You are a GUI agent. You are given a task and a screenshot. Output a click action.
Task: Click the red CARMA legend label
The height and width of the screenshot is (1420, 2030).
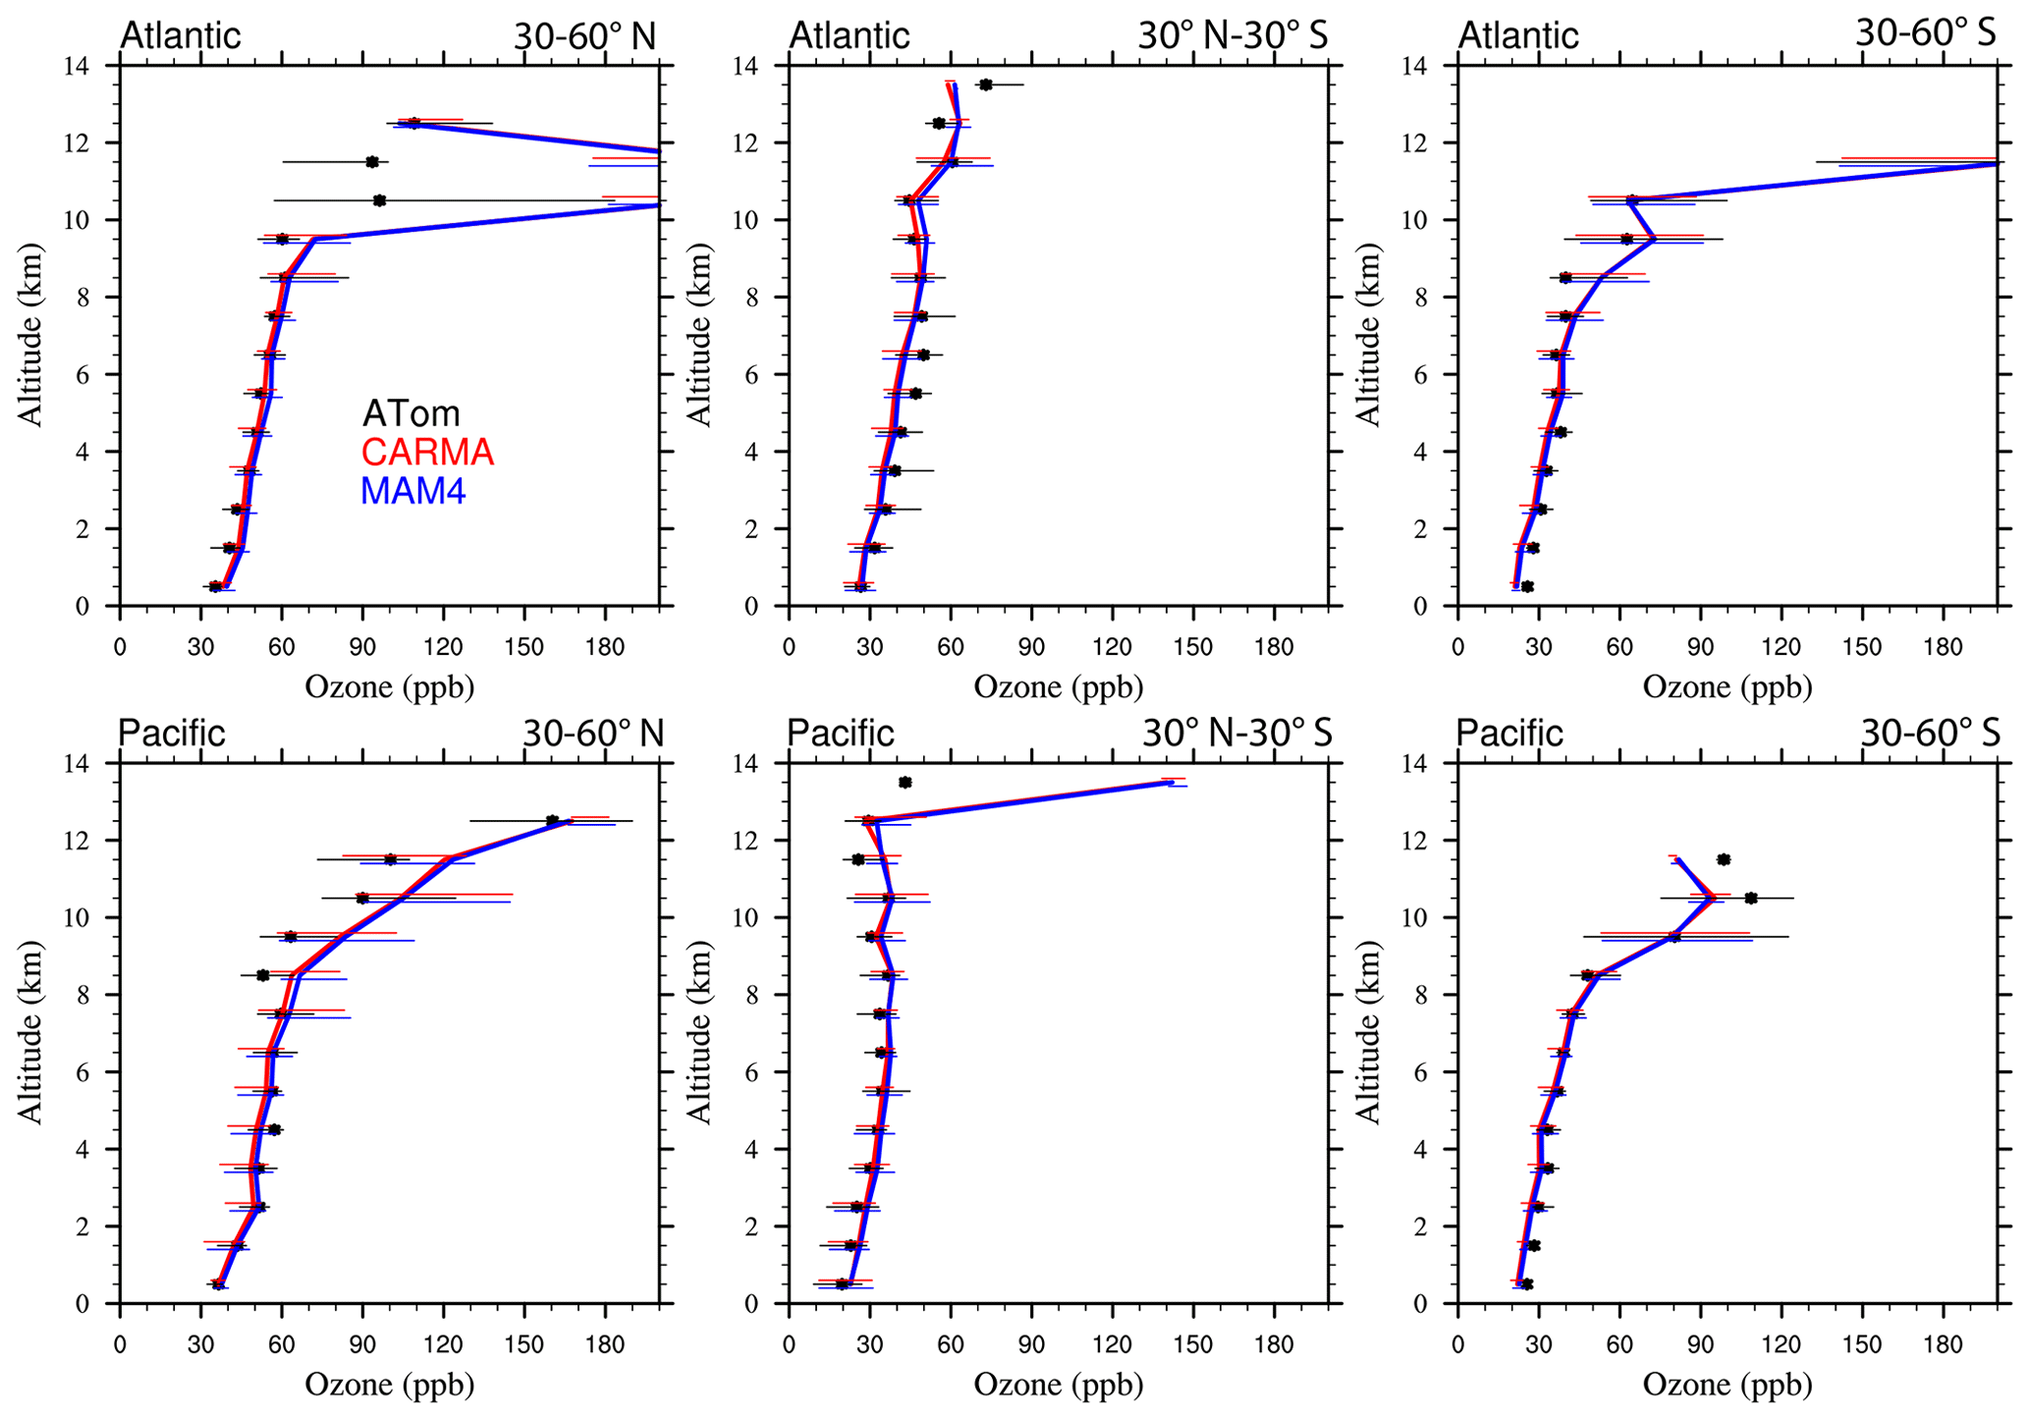pos(427,452)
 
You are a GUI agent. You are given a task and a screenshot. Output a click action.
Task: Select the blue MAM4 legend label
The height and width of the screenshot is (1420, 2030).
pos(412,490)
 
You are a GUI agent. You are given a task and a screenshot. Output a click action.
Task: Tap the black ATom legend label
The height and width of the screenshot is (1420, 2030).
pos(411,413)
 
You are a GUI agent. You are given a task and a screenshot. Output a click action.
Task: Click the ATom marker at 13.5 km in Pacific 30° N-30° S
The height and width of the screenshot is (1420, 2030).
pos(905,783)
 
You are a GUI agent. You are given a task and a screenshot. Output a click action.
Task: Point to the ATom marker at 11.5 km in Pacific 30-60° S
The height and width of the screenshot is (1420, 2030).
pos(1724,859)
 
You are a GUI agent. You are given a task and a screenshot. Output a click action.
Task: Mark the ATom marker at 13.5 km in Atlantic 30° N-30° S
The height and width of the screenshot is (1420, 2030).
pos(985,84)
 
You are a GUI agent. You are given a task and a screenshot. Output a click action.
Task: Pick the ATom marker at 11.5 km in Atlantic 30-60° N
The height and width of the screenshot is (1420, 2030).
pos(371,162)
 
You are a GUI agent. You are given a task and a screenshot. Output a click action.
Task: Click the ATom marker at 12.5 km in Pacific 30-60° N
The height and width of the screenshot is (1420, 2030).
pos(552,820)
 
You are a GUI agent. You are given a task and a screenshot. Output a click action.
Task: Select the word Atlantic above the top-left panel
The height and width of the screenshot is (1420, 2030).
pos(180,35)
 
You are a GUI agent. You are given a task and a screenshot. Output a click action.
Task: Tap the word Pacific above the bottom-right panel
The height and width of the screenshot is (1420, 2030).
pos(1509,734)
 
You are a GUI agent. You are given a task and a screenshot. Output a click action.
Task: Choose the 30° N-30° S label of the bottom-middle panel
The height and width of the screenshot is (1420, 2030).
pos(1236,734)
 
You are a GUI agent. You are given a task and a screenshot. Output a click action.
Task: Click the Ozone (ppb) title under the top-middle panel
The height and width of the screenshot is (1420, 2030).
pos(1059,686)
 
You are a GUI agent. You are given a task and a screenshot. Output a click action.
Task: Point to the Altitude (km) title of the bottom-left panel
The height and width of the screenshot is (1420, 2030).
pos(31,1033)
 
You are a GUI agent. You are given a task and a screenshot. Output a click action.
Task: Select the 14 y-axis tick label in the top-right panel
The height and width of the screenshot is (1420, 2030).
pos(1438,67)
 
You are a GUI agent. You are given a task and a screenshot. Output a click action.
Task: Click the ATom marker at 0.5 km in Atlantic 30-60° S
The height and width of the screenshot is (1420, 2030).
pos(1526,586)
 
